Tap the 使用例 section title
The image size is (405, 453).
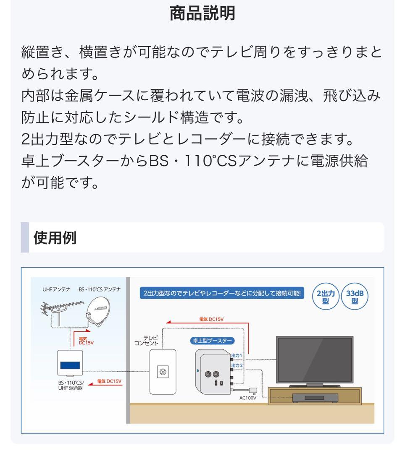[x=55, y=238]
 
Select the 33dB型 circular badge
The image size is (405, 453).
[x=355, y=297]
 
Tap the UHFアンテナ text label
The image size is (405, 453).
[x=56, y=289]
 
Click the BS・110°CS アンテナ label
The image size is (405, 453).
[x=99, y=289]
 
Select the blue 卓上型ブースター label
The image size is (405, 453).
[x=213, y=341]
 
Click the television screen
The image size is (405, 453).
[x=314, y=359]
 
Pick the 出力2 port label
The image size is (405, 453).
[x=237, y=365]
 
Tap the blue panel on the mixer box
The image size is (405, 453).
[x=70, y=365]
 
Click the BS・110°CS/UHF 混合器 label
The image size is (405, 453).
[x=71, y=385]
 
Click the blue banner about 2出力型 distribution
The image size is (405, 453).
[x=223, y=294]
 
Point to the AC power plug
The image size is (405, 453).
[x=253, y=389]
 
